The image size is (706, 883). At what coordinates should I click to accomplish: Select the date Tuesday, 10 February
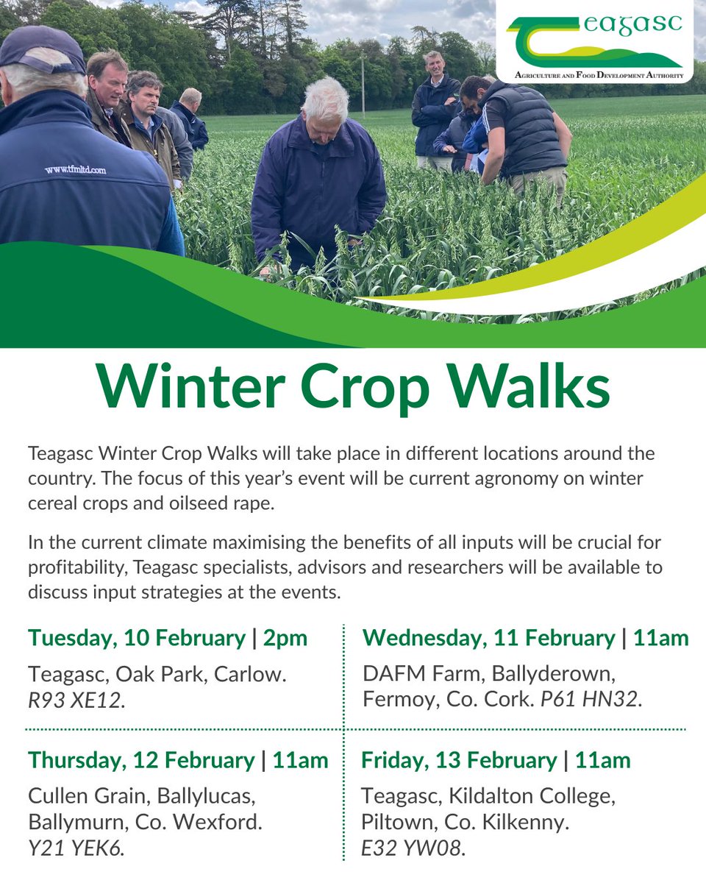137,638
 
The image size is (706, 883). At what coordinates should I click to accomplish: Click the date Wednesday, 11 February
488,638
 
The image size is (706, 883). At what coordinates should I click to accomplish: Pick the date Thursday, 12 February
141,760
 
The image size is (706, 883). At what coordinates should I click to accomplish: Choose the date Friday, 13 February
459,760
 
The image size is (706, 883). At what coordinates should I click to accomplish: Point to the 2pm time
285,638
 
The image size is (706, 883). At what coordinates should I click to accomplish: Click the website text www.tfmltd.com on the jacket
75,170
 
